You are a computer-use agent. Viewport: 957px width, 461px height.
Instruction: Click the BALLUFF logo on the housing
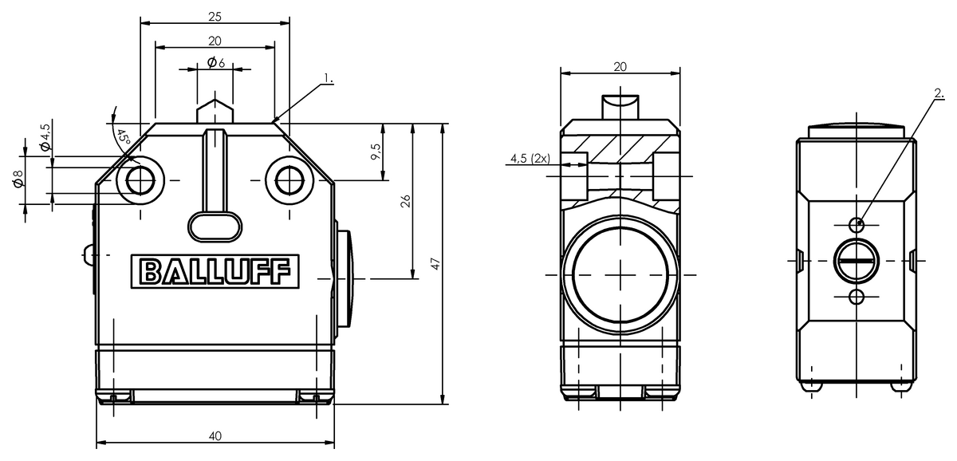pos(215,272)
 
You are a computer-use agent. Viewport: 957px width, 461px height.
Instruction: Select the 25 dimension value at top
pos(215,17)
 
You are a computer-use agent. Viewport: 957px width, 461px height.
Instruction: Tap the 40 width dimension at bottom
pos(215,435)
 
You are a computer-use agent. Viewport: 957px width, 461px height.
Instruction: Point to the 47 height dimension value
pos(435,263)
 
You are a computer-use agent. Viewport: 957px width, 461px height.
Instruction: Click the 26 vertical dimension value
pos(405,201)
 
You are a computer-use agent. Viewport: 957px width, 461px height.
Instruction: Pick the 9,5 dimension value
pos(376,152)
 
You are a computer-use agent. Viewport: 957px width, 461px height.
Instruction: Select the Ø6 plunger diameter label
pos(216,63)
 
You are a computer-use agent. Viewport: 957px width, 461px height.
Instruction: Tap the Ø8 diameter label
pos(18,179)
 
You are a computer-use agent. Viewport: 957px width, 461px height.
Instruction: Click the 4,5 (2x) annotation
pos(530,159)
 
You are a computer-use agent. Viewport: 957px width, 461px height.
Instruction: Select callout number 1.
pos(329,79)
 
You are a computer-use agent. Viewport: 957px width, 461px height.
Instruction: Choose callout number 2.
pos(939,93)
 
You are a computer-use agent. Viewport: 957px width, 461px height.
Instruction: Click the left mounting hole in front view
pos(140,180)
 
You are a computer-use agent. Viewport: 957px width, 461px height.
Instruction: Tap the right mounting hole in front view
pos(289,180)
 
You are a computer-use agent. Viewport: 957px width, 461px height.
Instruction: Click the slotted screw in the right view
pos(857,261)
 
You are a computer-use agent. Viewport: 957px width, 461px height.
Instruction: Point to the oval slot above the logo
pos(215,227)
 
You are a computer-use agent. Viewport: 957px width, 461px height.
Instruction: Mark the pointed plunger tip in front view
pos(215,100)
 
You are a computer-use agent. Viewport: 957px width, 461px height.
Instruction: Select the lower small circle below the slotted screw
pos(857,297)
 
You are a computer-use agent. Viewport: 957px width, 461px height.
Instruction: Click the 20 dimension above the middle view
pos(620,67)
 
